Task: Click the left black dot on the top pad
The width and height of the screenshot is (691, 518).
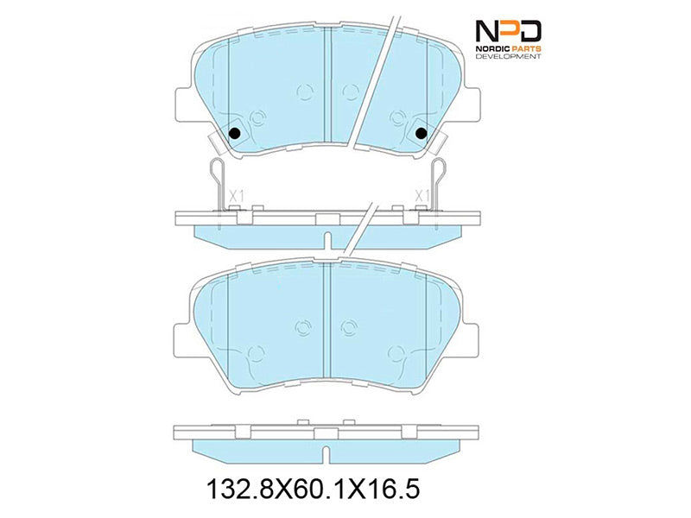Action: click(x=235, y=133)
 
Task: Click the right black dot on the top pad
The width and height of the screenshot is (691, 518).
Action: click(x=422, y=133)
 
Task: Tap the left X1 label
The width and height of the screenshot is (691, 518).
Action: click(x=237, y=195)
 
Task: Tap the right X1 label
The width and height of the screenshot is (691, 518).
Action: click(x=422, y=195)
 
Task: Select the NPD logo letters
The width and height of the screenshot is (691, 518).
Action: click(x=507, y=30)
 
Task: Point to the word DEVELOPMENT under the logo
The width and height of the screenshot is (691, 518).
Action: click(x=508, y=56)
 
